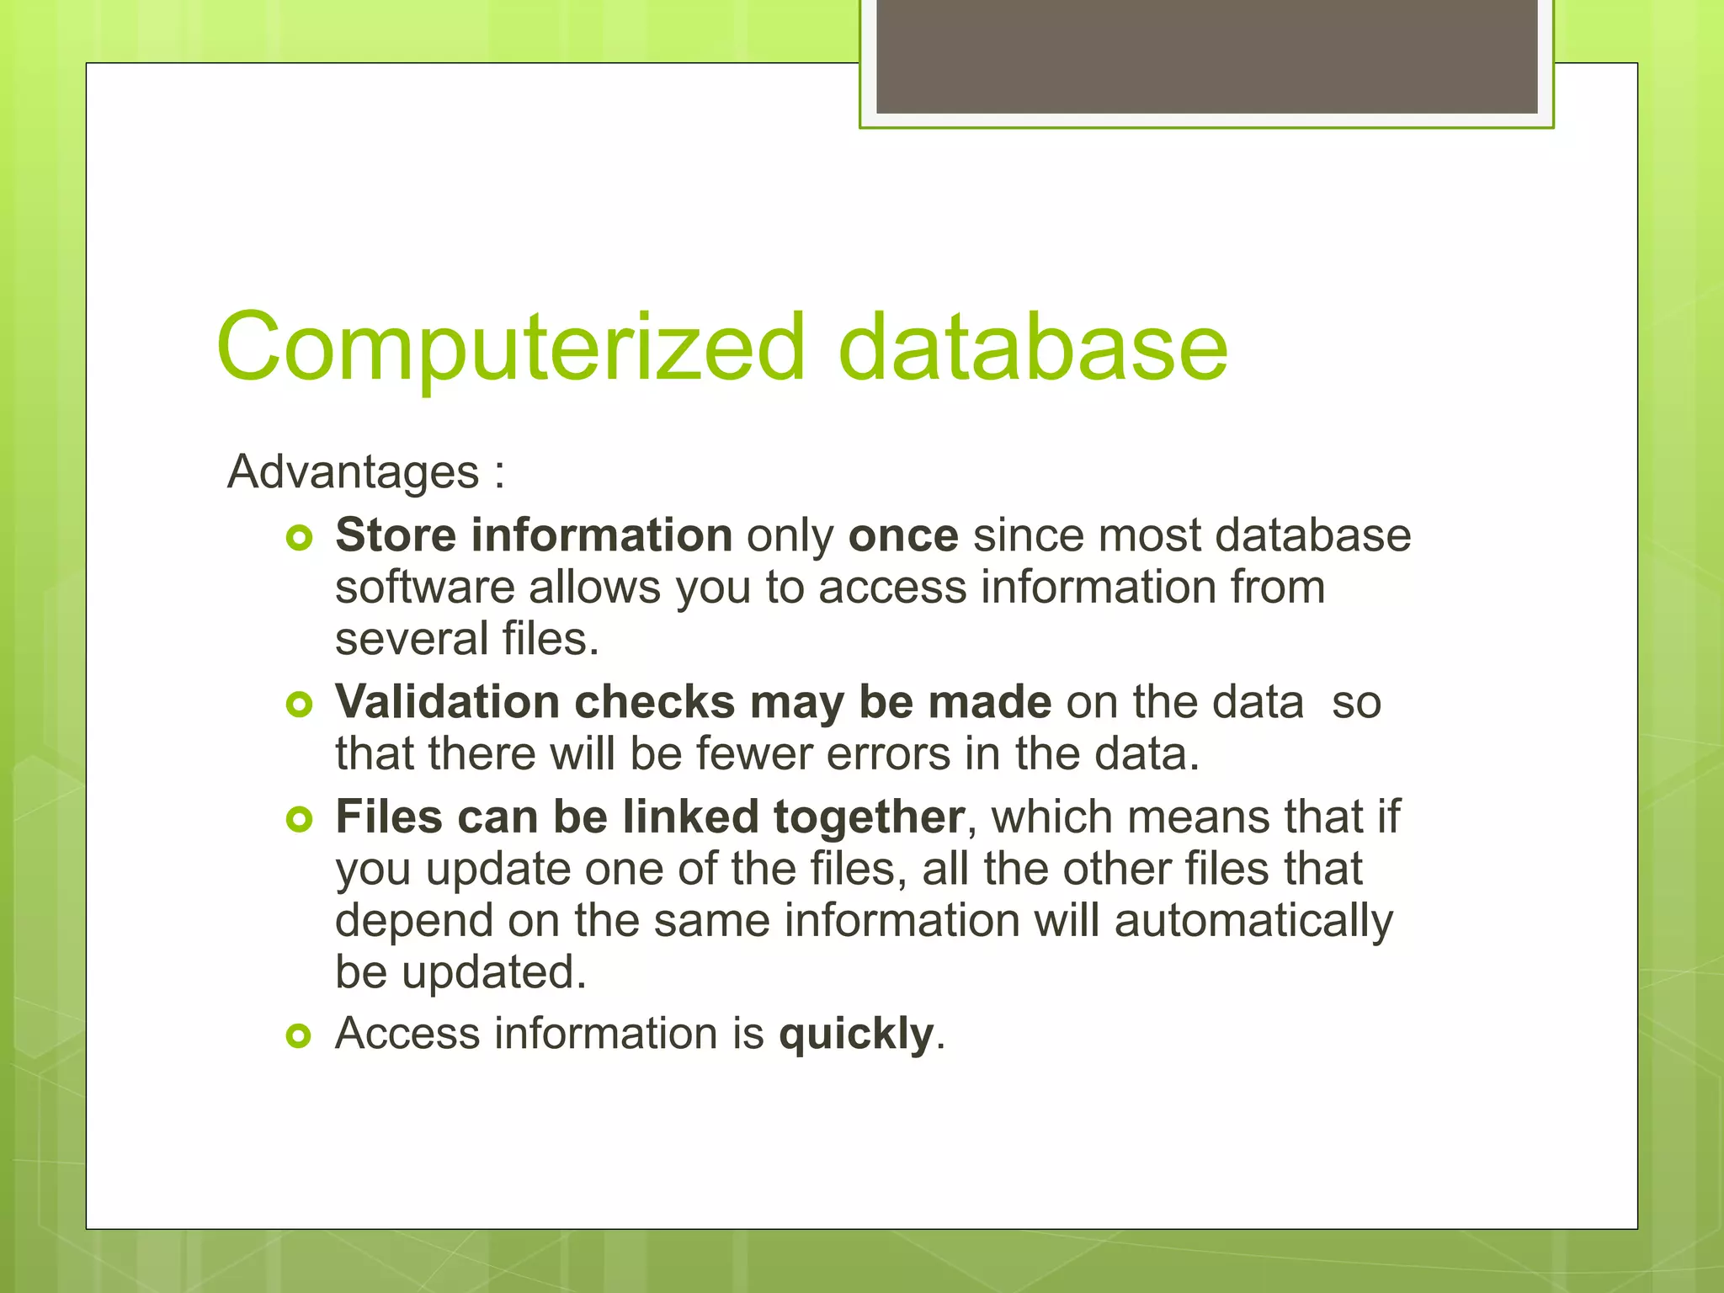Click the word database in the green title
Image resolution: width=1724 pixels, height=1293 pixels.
coord(1033,347)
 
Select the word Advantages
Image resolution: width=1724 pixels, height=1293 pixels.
coord(353,471)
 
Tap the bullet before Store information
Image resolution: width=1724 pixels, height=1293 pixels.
coord(299,537)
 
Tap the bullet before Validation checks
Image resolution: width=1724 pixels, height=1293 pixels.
coord(299,704)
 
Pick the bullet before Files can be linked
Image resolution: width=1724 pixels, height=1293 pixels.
coord(299,818)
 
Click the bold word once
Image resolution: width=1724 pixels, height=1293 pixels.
coord(903,535)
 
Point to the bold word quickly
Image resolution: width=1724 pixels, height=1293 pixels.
coord(856,1035)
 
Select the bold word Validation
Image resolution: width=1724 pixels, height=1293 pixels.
coord(447,701)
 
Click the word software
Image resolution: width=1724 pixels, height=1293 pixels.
coord(424,588)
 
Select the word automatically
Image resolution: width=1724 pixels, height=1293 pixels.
coord(1253,921)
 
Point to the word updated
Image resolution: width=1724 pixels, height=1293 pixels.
coord(493,972)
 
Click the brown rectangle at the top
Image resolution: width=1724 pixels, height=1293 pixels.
coord(1206,56)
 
